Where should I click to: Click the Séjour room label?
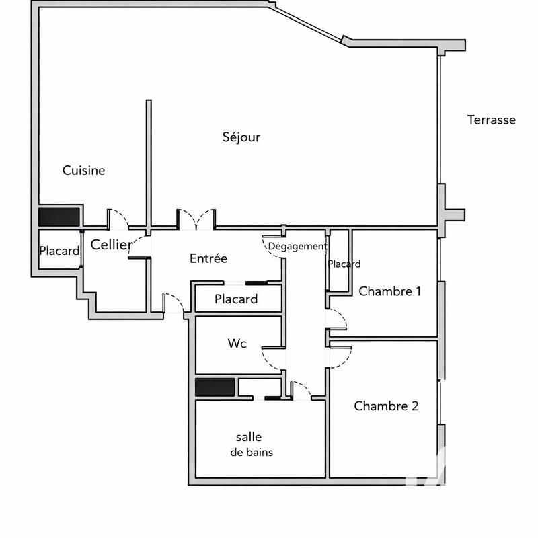[241, 137]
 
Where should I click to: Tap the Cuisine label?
[84, 171]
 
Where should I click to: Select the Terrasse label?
[491, 120]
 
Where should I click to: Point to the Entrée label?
[208, 258]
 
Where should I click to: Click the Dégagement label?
[297, 247]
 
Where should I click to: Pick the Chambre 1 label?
[390, 291]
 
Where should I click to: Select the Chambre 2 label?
[387, 406]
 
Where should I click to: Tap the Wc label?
[237, 344]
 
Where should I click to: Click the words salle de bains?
[252, 445]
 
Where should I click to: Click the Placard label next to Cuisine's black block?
[59, 251]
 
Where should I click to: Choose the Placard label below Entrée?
[236, 299]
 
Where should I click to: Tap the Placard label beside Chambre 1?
[344, 264]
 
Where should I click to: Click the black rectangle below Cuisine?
[59, 217]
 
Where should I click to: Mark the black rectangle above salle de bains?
[215, 387]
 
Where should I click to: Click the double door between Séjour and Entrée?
[196, 219]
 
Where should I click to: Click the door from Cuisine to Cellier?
[118, 219]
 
